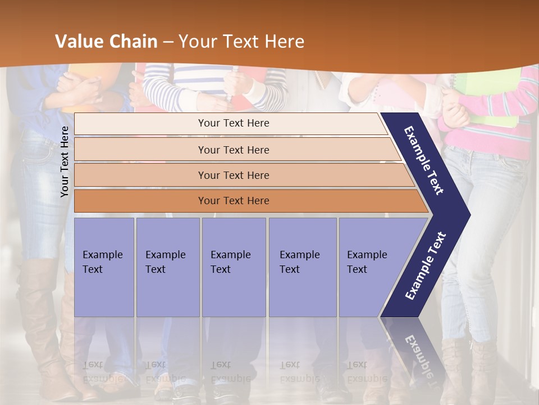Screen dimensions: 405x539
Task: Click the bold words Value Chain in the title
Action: [x=106, y=42]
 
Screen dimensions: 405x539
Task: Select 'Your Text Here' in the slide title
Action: [x=241, y=42]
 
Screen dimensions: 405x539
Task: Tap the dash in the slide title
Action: [x=168, y=42]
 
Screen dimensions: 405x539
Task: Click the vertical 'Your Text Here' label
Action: [x=65, y=161]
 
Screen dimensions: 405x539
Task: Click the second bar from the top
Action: [x=233, y=150]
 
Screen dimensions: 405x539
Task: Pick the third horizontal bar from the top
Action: [x=233, y=175]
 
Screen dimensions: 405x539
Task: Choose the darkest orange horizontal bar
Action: [x=233, y=201]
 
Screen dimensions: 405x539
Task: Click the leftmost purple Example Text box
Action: [x=104, y=267]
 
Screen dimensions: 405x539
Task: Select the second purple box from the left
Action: [x=167, y=267]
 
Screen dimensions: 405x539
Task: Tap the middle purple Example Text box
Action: [x=233, y=267]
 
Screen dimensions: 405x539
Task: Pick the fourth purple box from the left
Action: [x=302, y=267]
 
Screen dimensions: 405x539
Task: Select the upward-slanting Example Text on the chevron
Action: [x=426, y=266]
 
